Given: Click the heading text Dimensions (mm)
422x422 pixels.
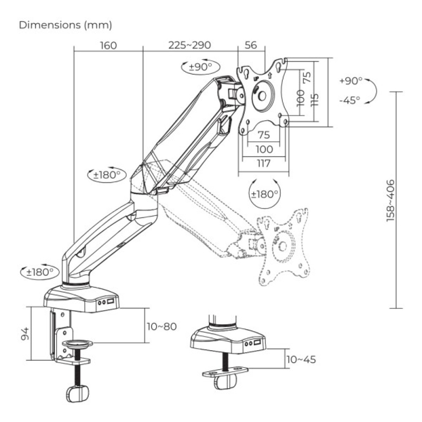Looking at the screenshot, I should coord(65,25).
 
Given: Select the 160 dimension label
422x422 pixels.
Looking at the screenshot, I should coord(108,45).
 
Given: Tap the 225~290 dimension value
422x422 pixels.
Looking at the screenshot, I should coord(189,45).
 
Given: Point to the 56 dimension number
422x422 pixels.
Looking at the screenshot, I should coord(251,45).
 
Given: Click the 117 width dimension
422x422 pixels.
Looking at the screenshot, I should coord(263,163).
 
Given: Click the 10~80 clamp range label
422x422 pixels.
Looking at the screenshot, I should coord(162,326).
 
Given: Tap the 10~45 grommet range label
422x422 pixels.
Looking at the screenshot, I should coord(301,360).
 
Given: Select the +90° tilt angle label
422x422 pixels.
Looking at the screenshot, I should coord(350,81).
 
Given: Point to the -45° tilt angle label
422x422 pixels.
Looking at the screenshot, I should coord(349,100).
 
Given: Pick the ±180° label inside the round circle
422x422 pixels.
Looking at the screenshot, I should coord(265,194).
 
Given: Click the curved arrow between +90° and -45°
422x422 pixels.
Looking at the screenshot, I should coord(371,90).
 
